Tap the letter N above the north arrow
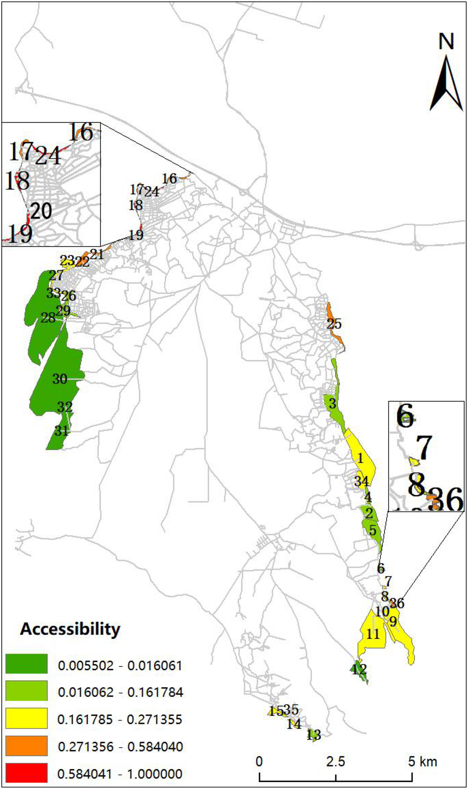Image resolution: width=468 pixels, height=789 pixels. (446, 41)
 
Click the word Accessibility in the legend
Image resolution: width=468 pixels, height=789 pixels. (70, 629)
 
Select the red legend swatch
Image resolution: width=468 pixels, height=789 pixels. (26, 772)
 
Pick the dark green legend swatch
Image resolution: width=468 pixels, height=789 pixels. (26, 664)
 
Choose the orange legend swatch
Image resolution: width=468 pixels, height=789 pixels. (26, 745)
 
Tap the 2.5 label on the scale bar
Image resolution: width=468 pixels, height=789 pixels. (336, 761)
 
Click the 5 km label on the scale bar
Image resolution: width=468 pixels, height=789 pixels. (422, 761)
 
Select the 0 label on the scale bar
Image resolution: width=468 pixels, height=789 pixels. (259, 761)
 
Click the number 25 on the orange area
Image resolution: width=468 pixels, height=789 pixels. (334, 324)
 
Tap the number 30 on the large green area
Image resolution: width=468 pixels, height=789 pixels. (60, 379)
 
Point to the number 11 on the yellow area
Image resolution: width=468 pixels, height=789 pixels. (373, 634)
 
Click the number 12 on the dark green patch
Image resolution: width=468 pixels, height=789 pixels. (359, 669)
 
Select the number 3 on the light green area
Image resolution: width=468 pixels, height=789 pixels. (332, 403)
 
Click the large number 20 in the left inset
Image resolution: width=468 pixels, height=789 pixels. (41, 211)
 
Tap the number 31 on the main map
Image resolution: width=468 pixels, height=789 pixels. (61, 431)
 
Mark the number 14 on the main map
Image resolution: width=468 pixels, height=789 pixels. (294, 724)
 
